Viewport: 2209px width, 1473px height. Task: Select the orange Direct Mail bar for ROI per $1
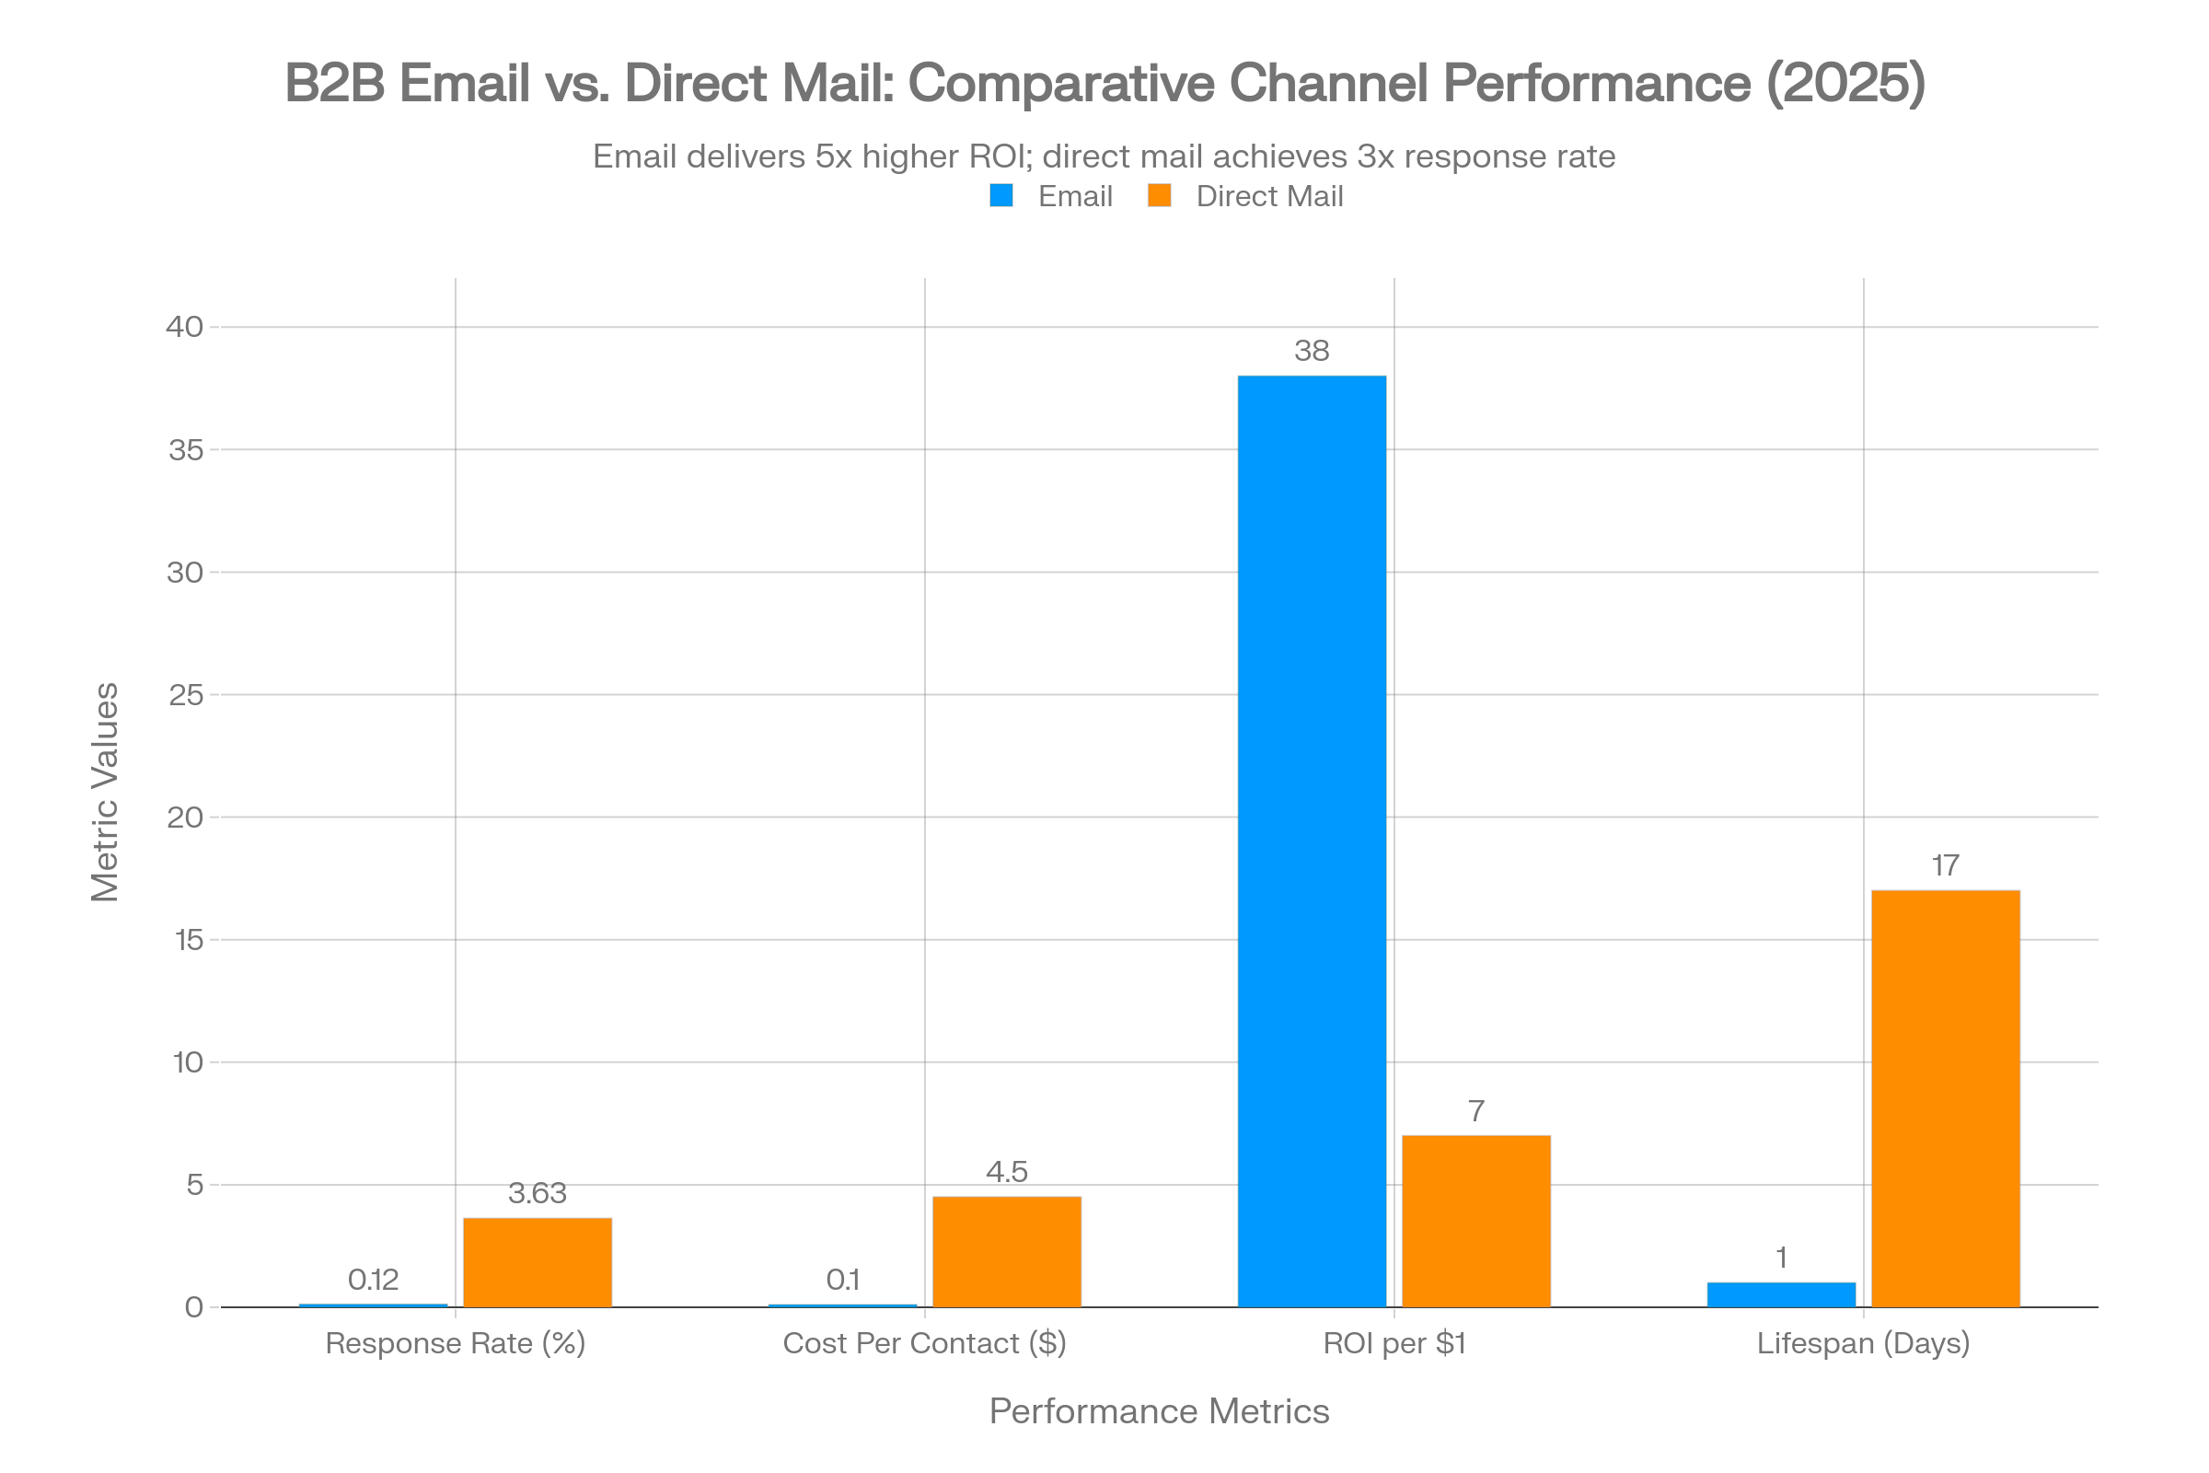pos(1475,1221)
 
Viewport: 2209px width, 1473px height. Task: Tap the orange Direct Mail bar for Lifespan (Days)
pos(1945,1098)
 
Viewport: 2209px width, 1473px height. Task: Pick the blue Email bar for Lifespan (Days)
pos(1781,1293)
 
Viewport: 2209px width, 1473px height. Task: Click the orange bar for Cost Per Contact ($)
pos(1006,1251)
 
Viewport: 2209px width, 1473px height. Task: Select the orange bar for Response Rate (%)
pos(538,1261)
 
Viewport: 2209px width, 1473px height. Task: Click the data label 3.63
pos(538,1193)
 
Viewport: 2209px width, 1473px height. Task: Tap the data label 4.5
pos(1006,1171)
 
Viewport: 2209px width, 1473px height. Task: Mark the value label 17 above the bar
pos(1945,865)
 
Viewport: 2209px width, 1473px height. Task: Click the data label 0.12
pos(373,1280)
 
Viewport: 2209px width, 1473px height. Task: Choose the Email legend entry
pos(1073,196)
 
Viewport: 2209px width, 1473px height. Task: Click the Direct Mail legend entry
pos(1268,196)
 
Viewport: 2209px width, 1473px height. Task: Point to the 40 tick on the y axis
pos(184,327)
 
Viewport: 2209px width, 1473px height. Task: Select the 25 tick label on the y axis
pos(185,695)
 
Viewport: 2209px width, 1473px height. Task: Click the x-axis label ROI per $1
pos(1394,1343)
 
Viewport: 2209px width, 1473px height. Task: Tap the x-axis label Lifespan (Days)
pos(1863,1343)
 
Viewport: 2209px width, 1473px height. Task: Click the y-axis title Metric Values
pos(105,792)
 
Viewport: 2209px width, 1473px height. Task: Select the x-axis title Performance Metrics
pos(1159,1411)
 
